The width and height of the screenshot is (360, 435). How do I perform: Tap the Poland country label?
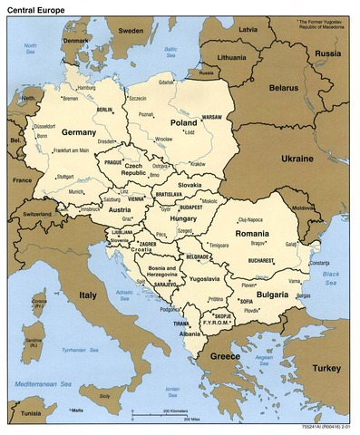point(182,121)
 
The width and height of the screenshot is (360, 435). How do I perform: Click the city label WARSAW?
point(210,117)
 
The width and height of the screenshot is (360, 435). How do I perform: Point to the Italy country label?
point(89,295)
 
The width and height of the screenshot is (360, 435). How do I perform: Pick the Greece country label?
point(225,356)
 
